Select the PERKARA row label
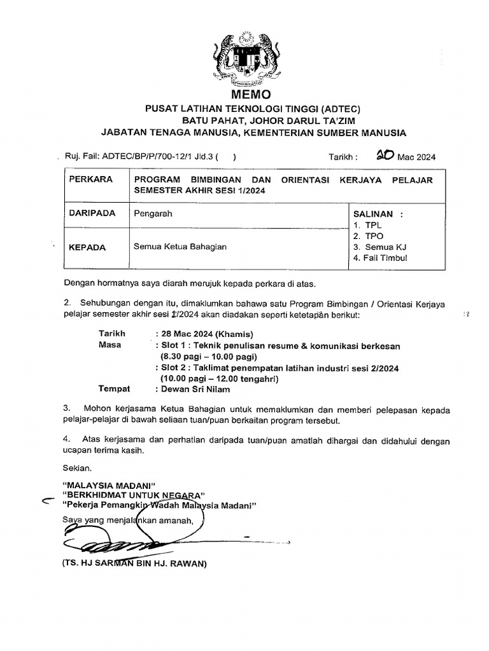pos(90,180)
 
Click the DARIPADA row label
pos(92,214)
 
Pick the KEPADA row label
pos(88,247)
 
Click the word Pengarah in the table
pos(153,214)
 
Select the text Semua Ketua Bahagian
pos(180,247)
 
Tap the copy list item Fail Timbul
pos(385,257)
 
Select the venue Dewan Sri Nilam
pos(197,389)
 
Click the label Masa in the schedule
pos(110,345)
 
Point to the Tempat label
pos(114,388)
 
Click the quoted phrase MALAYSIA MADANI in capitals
pos(109,484)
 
